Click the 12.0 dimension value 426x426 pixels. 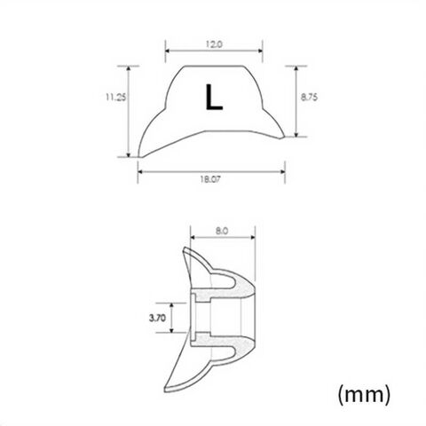click(214, 44)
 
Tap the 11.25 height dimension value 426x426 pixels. click(116, 97)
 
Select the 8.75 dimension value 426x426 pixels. click(309, 97)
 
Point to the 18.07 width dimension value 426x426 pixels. click(210, 179)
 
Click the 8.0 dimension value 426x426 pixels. click(222, 231)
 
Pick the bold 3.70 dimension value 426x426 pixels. click(157, 318)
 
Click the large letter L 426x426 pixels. click(214, 98)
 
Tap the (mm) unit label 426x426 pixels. click(364, 394)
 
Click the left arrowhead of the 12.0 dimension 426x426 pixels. click(168, 51)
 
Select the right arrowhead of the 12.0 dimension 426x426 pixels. click(260, 51)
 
